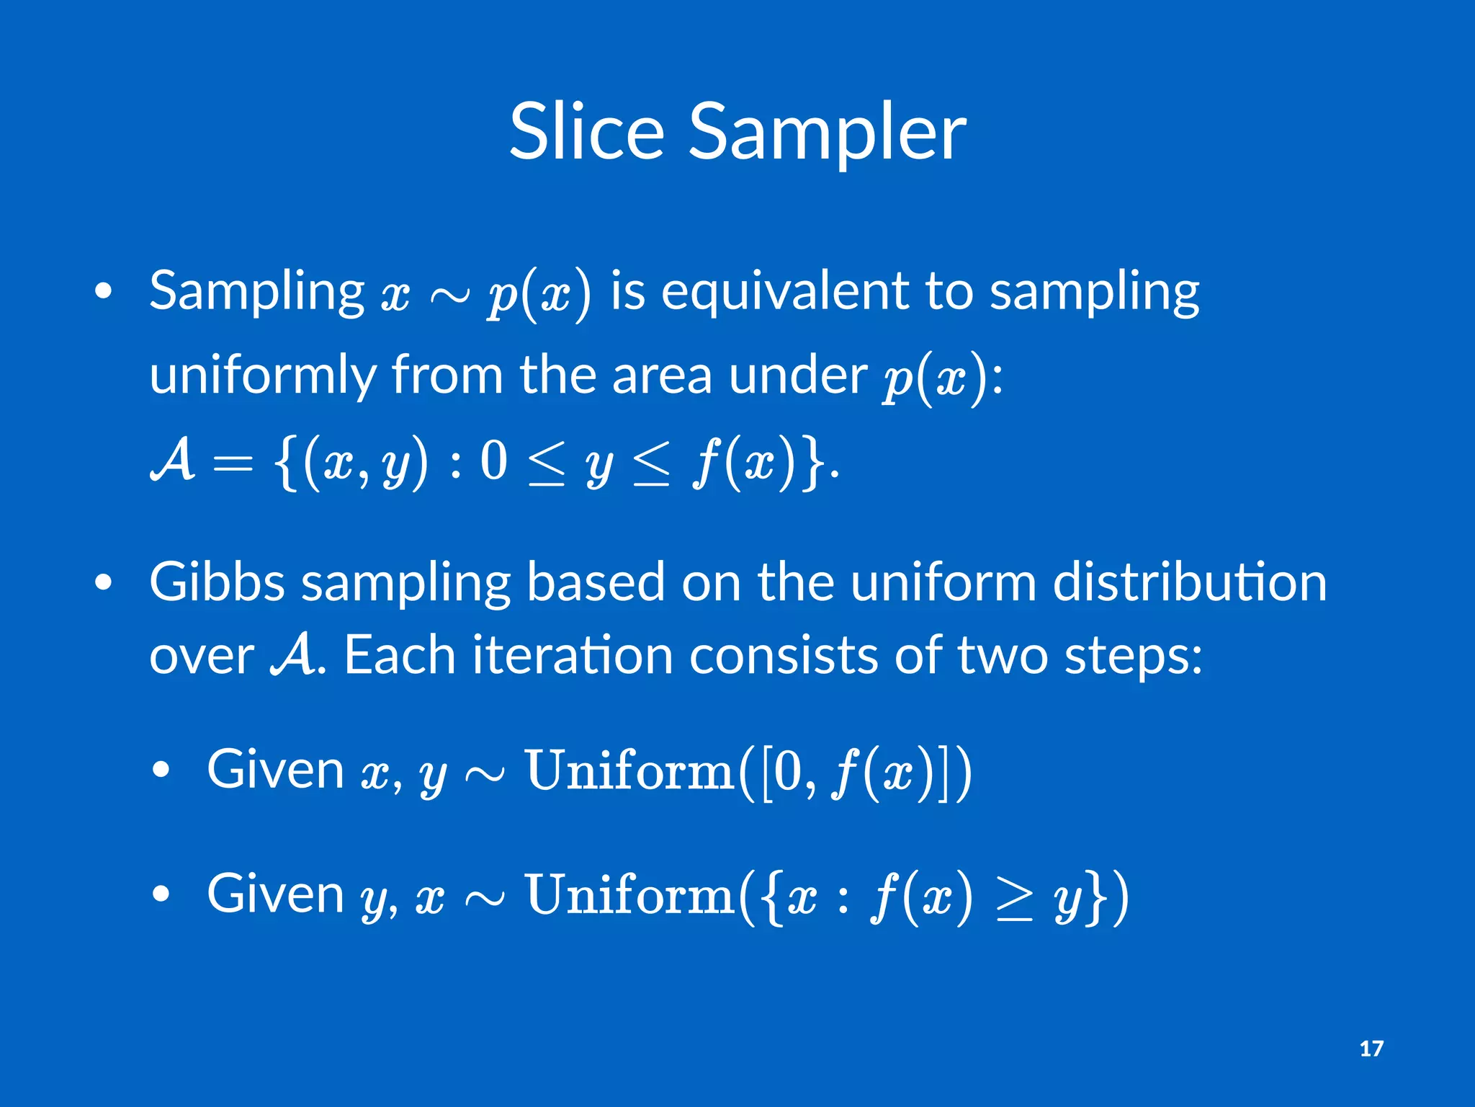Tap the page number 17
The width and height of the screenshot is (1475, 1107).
[x=1371, y=1049]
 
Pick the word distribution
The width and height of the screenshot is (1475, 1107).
[x=1189, y=582]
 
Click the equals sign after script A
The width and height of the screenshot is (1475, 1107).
[x=233, y=463]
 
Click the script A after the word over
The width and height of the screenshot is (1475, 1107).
[x=292, y=654]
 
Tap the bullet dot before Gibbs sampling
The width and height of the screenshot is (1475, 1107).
[x=104, y=582]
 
